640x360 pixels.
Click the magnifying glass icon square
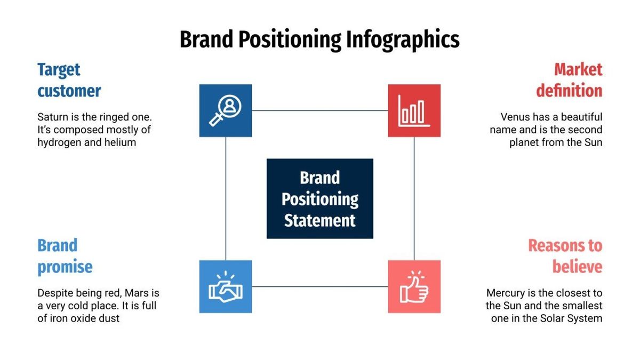pyautogui.click(x=226, y=110)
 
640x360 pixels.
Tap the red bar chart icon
pyautogui.click(x=414, y=110)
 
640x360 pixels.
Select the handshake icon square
pyautogui.click(x=226, y=286)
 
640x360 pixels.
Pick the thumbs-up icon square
pyautogui.click(x=414, y=286)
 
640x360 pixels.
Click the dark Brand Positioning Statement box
pyautogui.click(x=319, y=198)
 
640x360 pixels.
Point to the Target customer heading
pyautogui.click(x=69, y=80)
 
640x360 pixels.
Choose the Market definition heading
pyautogui.click(x=569, y=80)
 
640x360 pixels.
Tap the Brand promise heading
pyautogui.click(x=65, y=256)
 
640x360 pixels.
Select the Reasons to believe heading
pyautogui.click(x=565, y=256)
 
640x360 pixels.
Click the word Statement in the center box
pyautogui.click(x=319, y=220)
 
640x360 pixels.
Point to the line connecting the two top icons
pyautogui.click(x=320, y=110)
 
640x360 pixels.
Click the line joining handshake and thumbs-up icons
pyautogui.click(x=320, y=286)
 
